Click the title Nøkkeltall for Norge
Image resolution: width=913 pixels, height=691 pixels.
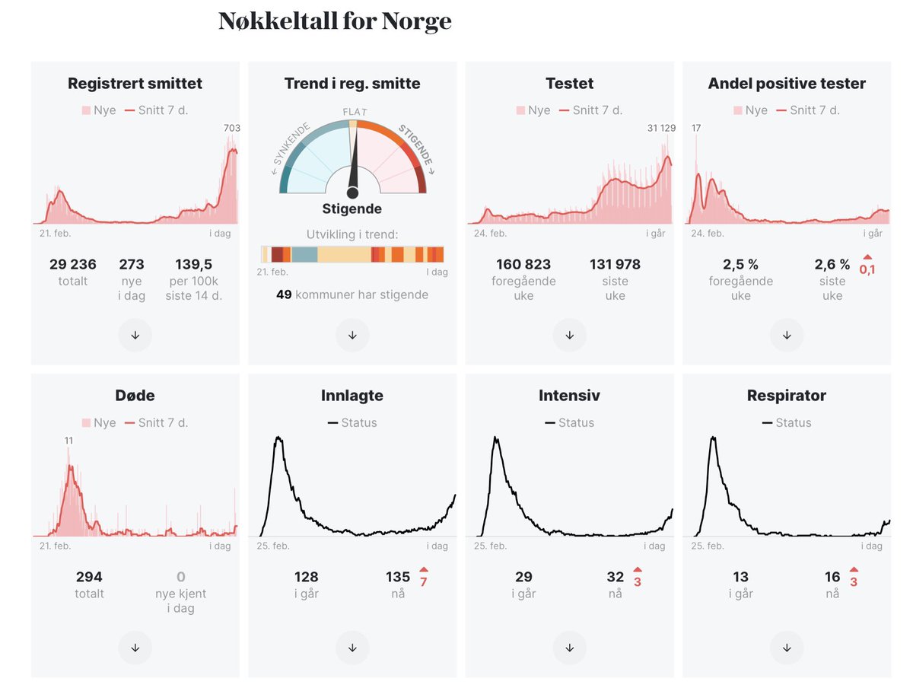click(x=335, y=21)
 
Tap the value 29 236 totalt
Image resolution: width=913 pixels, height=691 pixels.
click(x=73, y=265)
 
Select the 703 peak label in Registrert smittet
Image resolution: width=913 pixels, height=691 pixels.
click(x=231, y=128)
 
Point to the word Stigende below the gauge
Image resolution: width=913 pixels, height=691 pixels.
click(x=352, y=209)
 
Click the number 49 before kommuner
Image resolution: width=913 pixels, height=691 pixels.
click(x=283, y=295)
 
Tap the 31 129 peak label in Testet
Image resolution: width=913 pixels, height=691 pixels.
click(x=657, y=128)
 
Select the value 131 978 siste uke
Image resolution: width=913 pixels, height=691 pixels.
click(x=615, y=265)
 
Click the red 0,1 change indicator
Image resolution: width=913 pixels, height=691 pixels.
click(x=867, y=269)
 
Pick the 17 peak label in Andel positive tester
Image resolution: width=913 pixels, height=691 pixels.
click(x=695, y=128)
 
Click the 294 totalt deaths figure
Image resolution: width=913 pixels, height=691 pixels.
click(x=89, y=577)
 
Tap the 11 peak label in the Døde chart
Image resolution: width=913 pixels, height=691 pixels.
click(x=68, y=440)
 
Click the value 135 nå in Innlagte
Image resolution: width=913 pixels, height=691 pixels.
click(x=397, y=577)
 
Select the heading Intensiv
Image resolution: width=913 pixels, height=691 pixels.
click(x=569, y=396)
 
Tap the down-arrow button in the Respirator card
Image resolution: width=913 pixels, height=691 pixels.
click(x=787, y=648)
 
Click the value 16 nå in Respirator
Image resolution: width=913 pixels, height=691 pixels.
click(x=832, y=577)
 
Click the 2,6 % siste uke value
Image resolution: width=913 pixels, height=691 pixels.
click(x=832, y=265)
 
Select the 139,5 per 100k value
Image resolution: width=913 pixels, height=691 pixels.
click(x=193, y=265)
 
